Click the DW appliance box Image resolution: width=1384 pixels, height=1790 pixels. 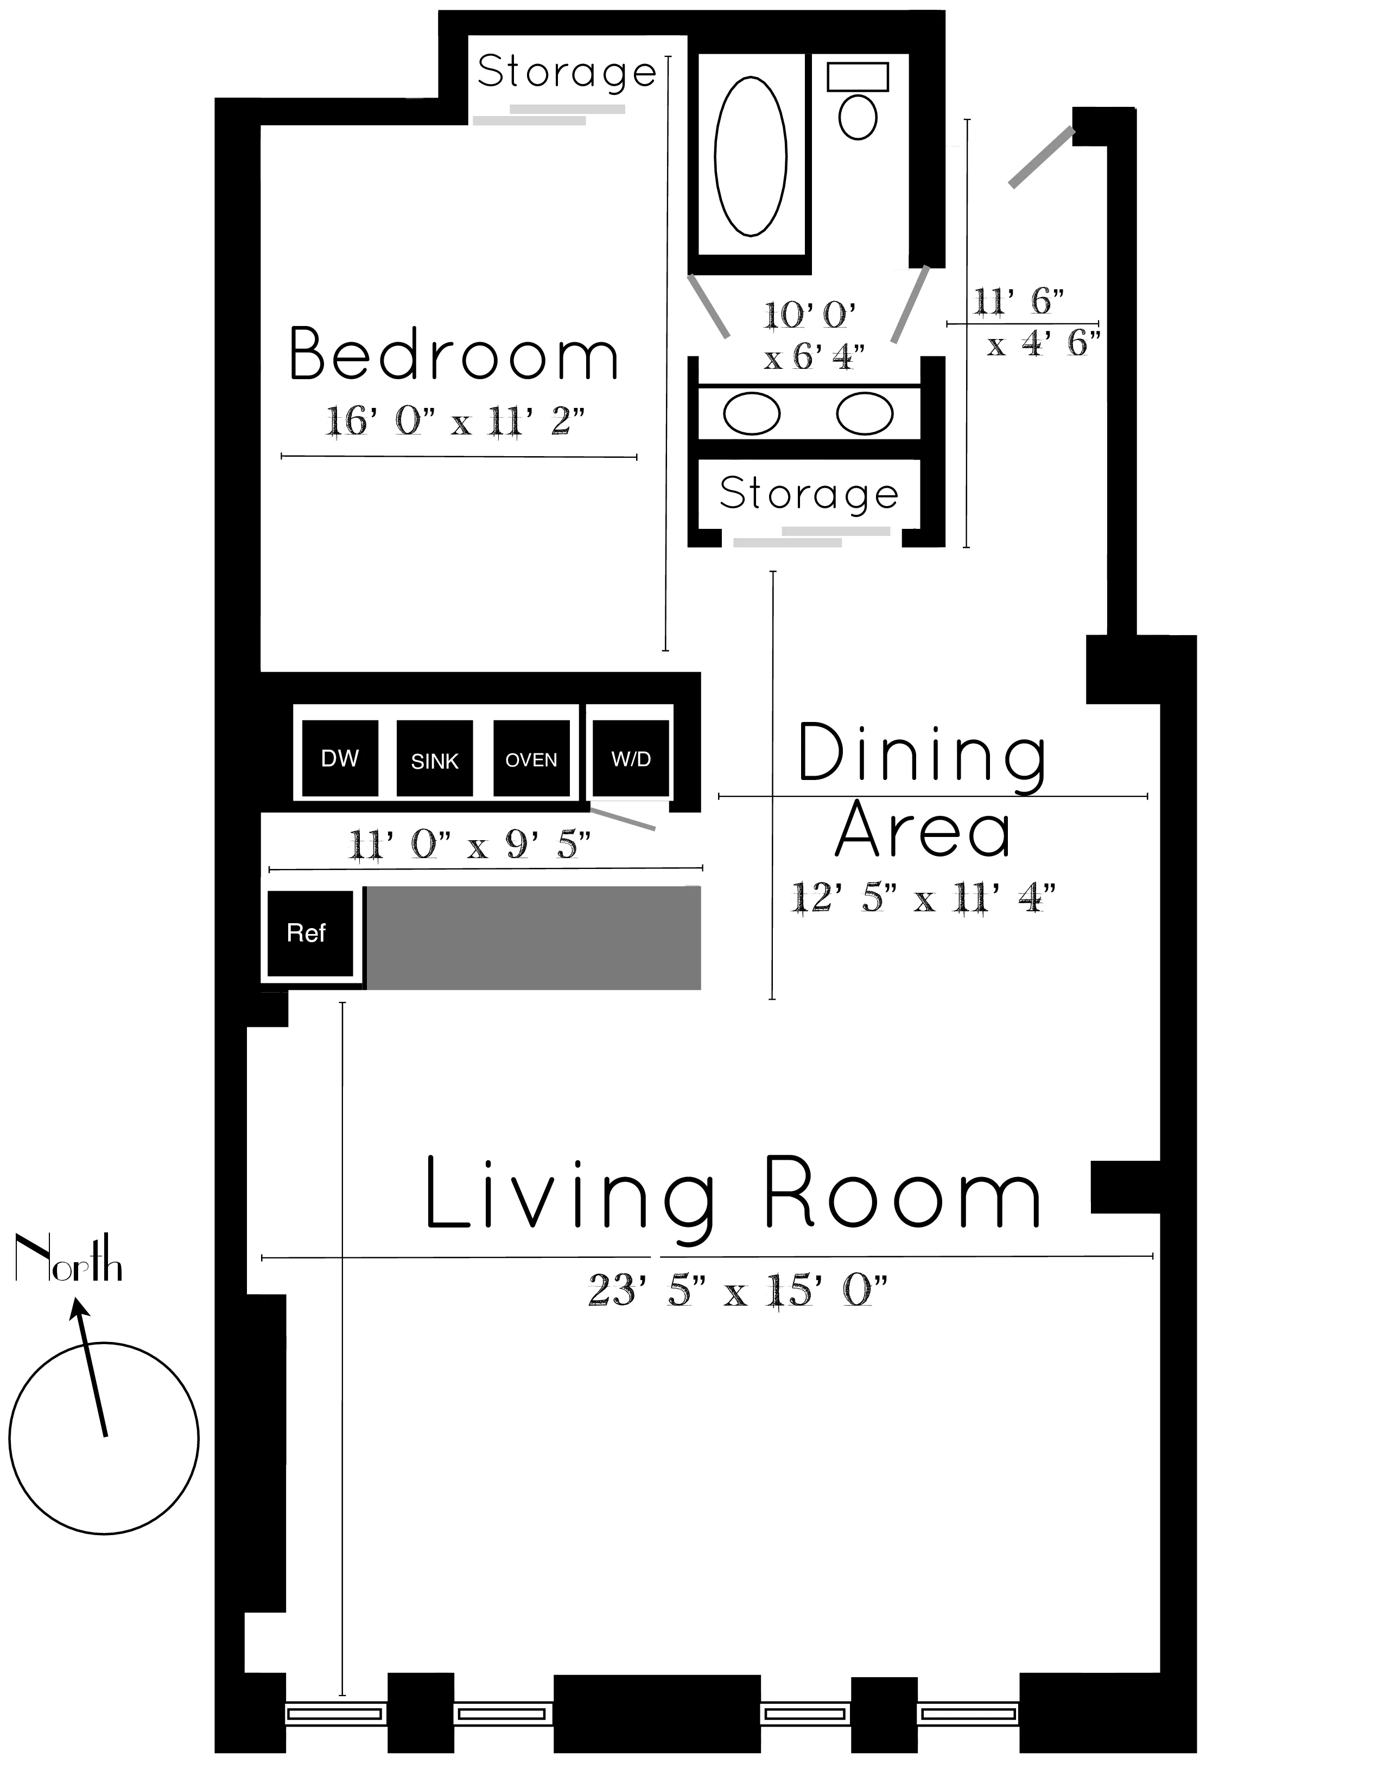(339, 758)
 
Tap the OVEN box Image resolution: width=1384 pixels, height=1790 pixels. (531, 758)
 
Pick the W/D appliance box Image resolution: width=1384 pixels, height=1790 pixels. (631, 758)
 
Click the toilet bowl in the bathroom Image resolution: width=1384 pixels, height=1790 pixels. (858, 117)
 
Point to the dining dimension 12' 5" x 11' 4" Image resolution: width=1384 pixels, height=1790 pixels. (922, 898)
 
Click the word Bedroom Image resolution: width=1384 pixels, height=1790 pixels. (453, 354)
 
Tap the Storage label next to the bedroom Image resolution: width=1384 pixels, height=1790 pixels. (567, 72)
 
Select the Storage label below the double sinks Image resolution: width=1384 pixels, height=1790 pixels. (809, 494)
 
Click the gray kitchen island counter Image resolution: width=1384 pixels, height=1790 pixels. (533, 938)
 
